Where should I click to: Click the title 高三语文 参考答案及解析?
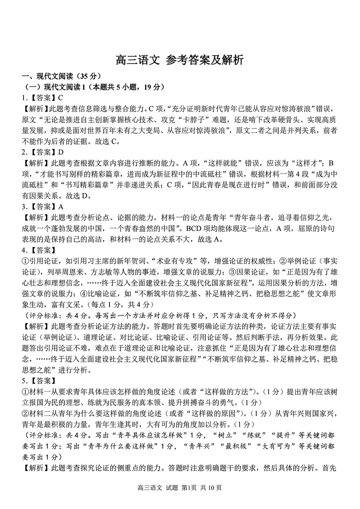coord(180,60)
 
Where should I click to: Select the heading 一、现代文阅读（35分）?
coord(61,76)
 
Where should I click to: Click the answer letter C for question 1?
coord(60,98)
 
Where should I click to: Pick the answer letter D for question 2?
coord(60,152)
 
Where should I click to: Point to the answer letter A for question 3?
coord(60,207)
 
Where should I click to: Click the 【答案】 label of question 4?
coord(42,250)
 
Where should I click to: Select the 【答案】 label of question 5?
coord(42,381)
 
